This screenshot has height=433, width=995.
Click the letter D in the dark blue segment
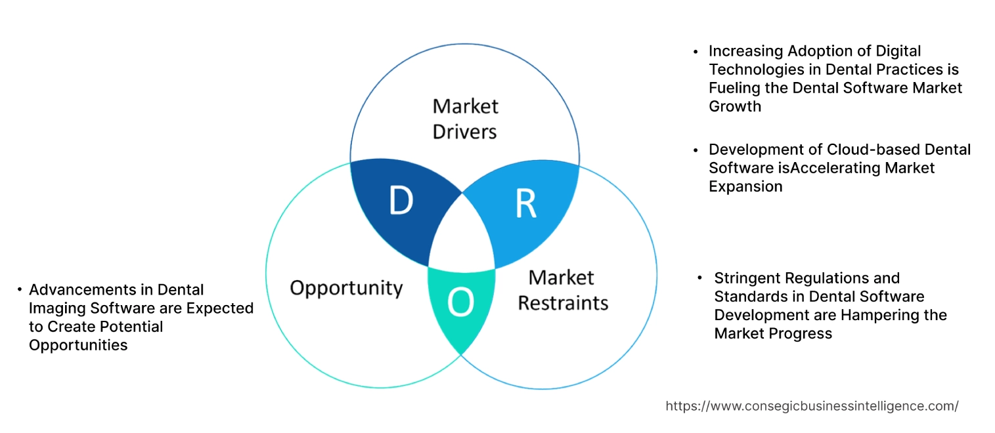(x=400, y=201)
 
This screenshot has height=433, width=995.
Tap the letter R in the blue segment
(x=525, y=204)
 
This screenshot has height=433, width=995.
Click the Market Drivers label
(x=464, y=119)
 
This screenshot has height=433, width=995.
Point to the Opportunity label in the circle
(x=346, y=288)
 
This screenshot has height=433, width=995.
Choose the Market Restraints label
(x=563, y=289)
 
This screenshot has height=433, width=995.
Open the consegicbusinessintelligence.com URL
(x=812, y=406)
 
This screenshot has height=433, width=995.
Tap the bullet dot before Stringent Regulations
(x=701, y=278)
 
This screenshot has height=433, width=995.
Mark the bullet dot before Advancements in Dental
(x=20, y=290)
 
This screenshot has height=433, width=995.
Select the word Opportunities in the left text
(x=78, y=345)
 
